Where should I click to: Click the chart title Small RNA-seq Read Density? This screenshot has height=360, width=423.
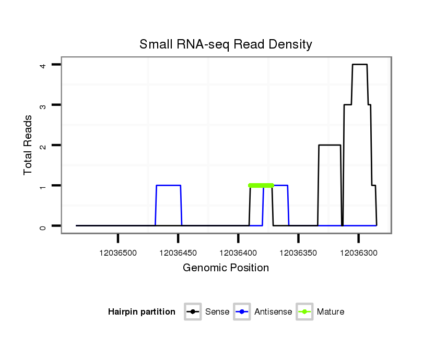coord(226,44)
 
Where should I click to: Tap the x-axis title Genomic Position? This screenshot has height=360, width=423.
coord(226,268)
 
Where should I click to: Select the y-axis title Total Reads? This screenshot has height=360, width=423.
coord(28,145)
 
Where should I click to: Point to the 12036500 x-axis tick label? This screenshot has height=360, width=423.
coord(118,253)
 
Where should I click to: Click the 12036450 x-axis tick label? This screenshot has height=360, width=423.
coord(178,253)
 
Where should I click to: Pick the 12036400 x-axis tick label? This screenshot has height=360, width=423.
coord(238,253)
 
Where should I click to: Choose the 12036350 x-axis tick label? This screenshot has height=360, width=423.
coord(298,253)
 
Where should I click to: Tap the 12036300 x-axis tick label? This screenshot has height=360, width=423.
coord(358,253)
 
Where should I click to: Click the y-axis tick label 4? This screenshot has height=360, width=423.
coord(44,65)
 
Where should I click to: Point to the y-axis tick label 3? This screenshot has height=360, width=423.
coord(44,105)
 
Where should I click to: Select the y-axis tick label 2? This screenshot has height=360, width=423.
coord(44,145)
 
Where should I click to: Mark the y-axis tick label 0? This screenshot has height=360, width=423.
coord(44,226)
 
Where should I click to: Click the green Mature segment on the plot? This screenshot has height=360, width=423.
coord(261,185)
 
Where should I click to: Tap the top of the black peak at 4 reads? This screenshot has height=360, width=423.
coord(360,65)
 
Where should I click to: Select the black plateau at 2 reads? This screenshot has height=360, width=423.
coord(330,145)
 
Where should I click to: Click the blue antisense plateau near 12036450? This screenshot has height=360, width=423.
coord(168,185)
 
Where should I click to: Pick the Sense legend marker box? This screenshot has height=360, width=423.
coord(193,312)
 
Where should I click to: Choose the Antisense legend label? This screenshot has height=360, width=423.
coord(273,312)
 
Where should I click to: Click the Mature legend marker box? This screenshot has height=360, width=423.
coord(304,312)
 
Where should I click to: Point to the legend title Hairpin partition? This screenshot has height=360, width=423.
coord(142,312)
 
